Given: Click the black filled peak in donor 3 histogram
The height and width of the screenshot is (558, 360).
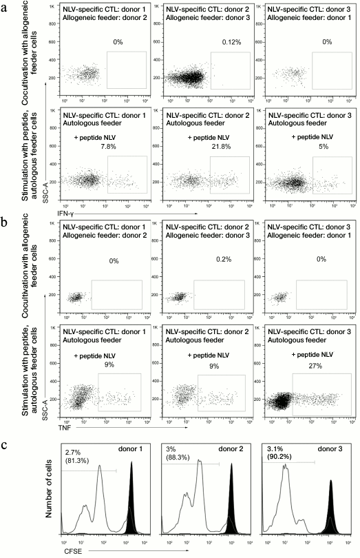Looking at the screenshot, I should click(331, 510).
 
